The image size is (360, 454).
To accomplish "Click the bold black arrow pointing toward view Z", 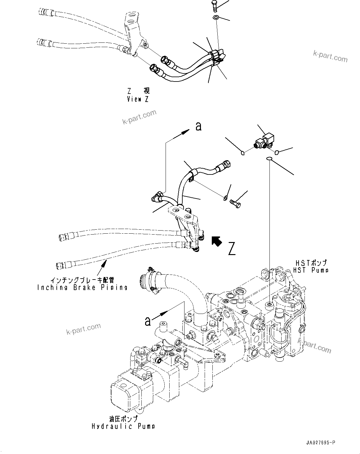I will [x=216, y=241].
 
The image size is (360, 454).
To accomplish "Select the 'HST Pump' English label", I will [x=311, y=270].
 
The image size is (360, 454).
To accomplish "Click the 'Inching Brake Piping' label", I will [x=82, y=287].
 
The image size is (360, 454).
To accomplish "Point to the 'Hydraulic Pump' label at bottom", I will [x=123, y=426].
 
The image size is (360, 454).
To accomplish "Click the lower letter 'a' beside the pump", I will [x=148, y=321].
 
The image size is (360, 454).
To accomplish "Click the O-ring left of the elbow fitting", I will [x=243, y=152].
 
